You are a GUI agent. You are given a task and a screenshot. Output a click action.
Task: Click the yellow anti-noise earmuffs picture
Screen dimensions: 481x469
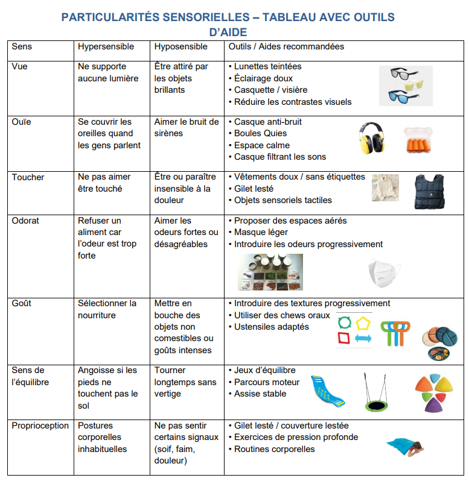coord(372,137)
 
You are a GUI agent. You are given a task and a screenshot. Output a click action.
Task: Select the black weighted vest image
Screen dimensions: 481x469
coord(429,192)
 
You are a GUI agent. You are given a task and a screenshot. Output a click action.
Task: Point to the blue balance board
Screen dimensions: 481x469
coord(327,392)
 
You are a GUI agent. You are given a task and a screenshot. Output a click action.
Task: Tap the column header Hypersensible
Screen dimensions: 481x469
coord(106,46)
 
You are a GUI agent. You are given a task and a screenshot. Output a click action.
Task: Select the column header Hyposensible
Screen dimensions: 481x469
coord(180,46)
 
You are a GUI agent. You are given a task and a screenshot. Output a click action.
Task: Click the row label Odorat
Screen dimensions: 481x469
coord(25,221)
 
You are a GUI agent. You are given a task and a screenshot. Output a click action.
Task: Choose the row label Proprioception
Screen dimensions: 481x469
coord(40,426)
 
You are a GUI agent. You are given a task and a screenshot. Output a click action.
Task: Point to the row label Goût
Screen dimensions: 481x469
coord(22,303)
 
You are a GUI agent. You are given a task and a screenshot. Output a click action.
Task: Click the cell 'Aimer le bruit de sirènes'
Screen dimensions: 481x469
coord(187,127)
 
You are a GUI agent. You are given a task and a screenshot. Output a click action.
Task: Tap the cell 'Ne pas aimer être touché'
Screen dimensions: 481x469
coord(104,183)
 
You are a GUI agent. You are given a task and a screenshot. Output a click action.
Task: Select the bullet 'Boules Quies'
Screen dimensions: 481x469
coord(260,133)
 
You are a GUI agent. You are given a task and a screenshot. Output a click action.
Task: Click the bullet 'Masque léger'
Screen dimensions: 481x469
coord(261,232)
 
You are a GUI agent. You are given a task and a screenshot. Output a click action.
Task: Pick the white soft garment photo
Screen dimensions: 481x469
coord(384,187)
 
